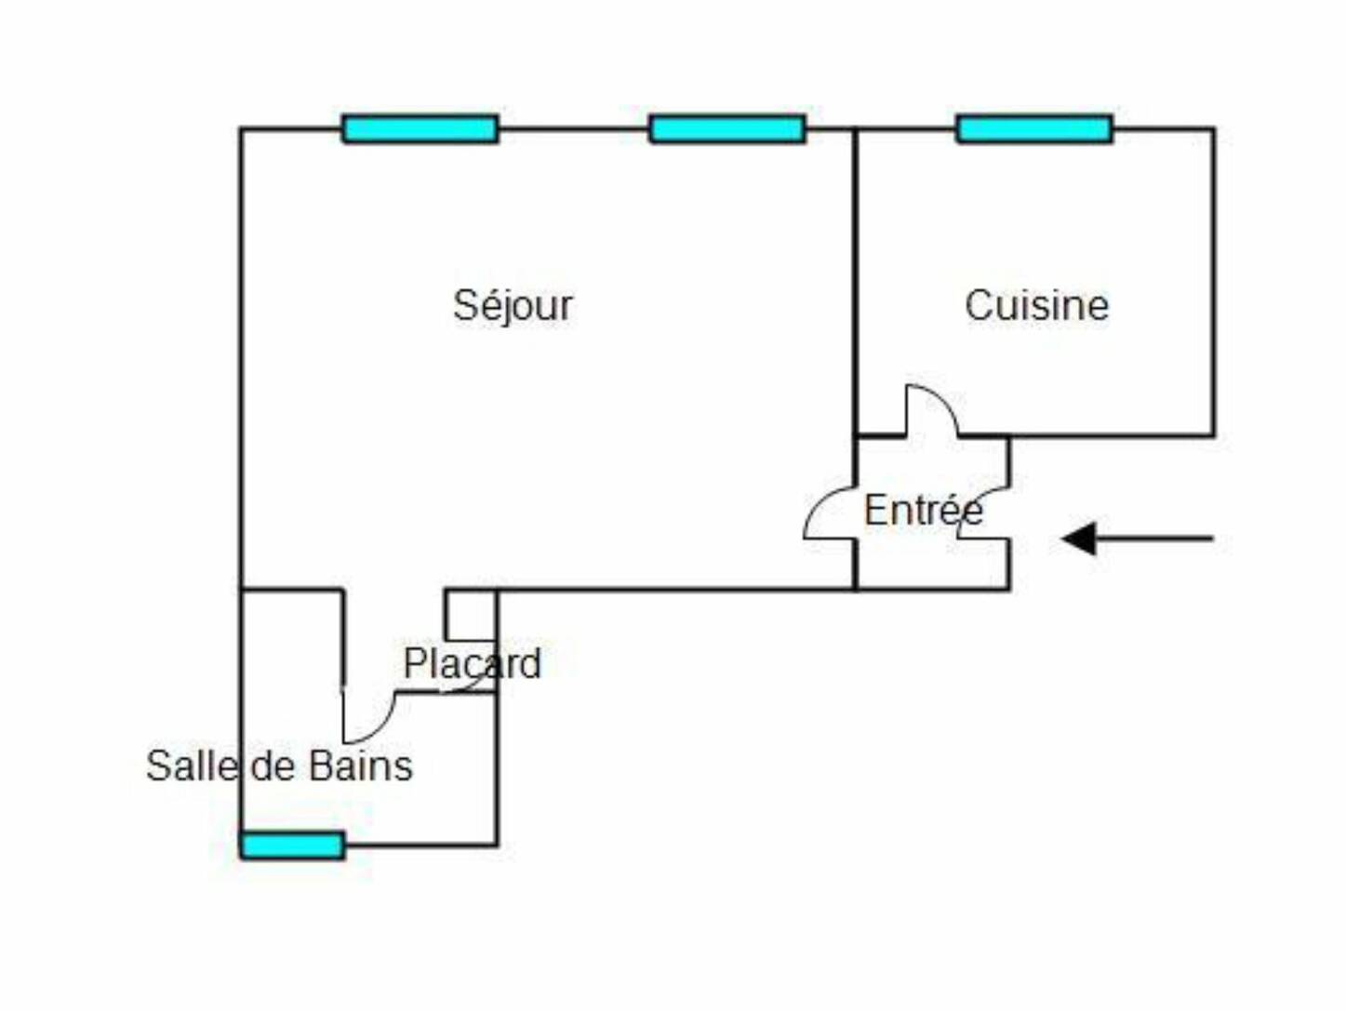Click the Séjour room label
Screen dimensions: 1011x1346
coord(513,306)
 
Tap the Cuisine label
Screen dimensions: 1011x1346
coord(1036,306)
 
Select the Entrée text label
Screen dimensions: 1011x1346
coord(923,511)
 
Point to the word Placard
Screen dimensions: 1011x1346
coord(472,664)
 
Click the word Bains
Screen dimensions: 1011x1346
coord(360,766)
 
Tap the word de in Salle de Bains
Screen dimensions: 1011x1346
coord(273,766)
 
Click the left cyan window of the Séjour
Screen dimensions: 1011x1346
coord(420,128)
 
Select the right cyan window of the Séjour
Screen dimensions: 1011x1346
coord(727,128)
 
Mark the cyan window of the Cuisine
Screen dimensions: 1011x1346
coord(1034,128)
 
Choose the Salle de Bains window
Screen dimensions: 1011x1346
coord(293,845)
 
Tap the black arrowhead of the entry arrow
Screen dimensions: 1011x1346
coord(1080,539)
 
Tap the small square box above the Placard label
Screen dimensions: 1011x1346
coord(471,615)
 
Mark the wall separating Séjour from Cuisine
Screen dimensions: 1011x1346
coord(855,279)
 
